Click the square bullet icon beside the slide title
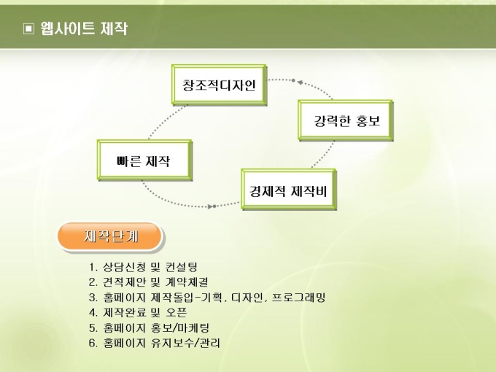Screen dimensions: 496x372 28,29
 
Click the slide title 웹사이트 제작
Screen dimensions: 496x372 84,28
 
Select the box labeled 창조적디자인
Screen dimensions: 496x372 219,85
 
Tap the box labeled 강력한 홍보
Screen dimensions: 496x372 346,120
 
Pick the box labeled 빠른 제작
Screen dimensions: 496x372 144,160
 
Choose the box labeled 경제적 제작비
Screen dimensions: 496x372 289,189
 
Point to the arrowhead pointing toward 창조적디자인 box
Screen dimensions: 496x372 300,82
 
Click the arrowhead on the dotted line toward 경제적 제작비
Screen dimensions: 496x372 210,206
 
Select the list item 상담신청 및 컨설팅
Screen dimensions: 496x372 150,267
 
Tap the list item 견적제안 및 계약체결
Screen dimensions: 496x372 155,282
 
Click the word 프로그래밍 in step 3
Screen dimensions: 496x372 298,298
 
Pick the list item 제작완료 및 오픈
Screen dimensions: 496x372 145,312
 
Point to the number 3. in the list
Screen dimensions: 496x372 93,298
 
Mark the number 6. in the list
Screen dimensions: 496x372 93,344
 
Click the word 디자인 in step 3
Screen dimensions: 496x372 247,298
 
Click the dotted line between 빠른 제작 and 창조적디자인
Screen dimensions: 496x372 165,121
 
